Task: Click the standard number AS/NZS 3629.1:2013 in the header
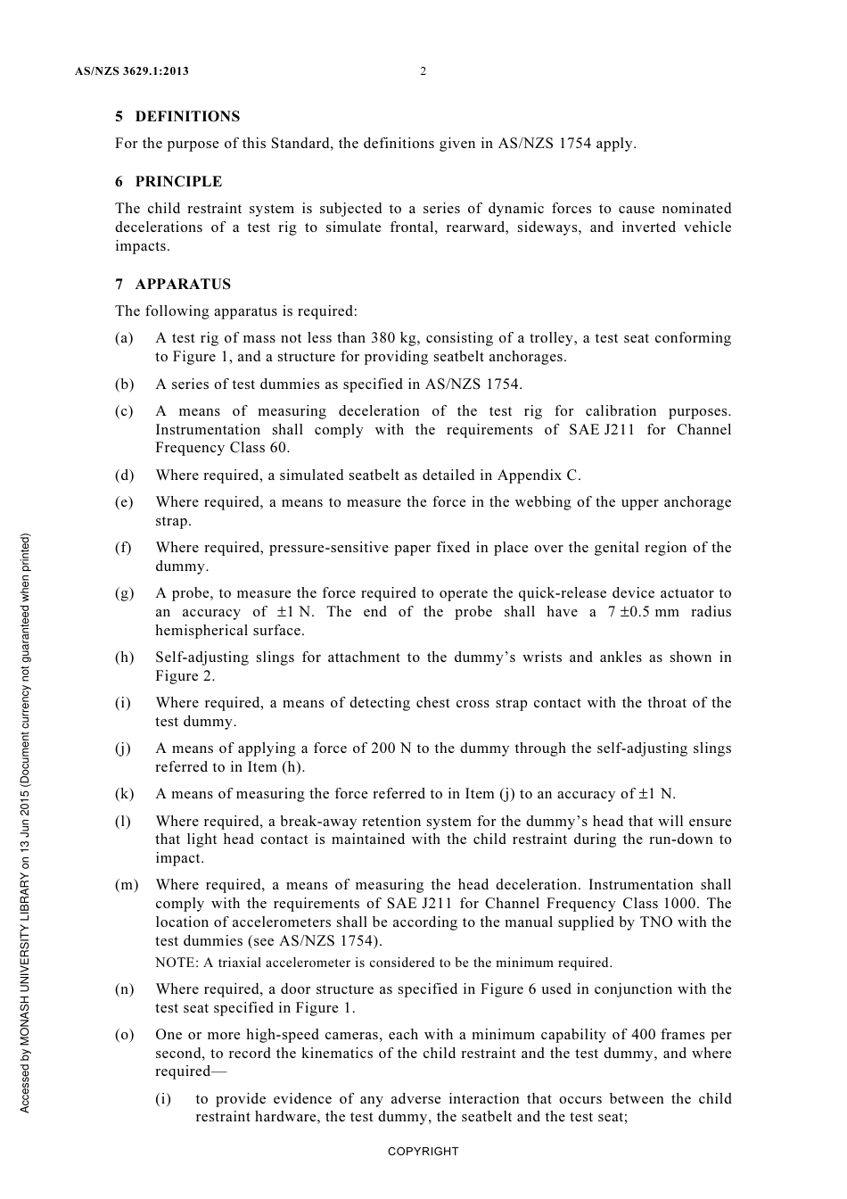tap(132, 71)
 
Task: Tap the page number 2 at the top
tap(423, 71)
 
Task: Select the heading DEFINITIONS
tap(187, 117)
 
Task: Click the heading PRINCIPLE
tap(178, 182)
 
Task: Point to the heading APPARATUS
tap(183, 285)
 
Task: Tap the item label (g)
tap(125, 593)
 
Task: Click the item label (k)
tap(125, 794)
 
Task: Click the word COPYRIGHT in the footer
tap(423, 1152)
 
